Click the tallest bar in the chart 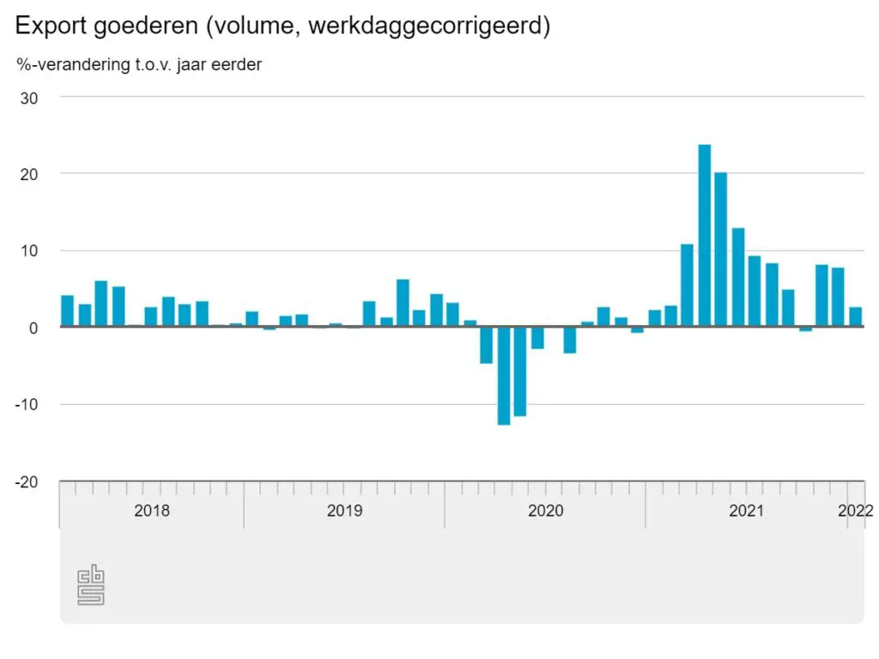coord(704,235)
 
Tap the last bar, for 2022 coord(855,317)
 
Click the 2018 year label coord(152,511)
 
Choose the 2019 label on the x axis coord(344,511)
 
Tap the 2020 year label coord(545,511)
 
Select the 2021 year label coord(746,511)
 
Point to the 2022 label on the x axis coord(856,511)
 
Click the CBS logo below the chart coord(91,586)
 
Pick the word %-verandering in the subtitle coord(71,65)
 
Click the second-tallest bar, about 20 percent coord(721,250)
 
